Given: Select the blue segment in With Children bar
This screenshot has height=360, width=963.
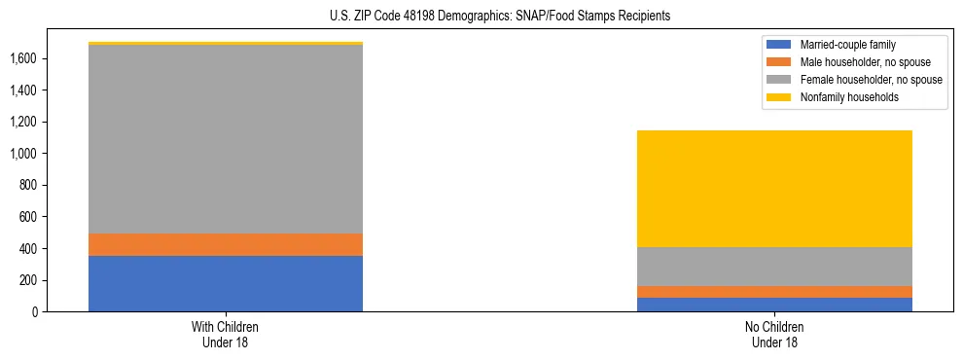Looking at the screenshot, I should pos(226,283).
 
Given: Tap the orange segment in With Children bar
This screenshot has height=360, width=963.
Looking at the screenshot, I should pos(226,244).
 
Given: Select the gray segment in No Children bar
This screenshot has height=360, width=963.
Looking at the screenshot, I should pos(775,267).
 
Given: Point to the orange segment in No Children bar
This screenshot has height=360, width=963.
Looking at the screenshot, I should pos(775,292).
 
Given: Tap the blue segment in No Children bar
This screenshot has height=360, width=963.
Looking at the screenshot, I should pos(775,305).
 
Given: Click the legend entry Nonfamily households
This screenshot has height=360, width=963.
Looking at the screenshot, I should pos(842,97).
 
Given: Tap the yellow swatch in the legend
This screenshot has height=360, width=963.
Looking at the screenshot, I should pos(779,97).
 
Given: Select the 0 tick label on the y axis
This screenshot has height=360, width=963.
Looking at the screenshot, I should pos(36,311).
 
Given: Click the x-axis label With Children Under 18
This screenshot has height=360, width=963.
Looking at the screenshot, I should pos(226,335).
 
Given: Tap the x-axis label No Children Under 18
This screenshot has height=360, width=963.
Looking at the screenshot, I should pos(775,335).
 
